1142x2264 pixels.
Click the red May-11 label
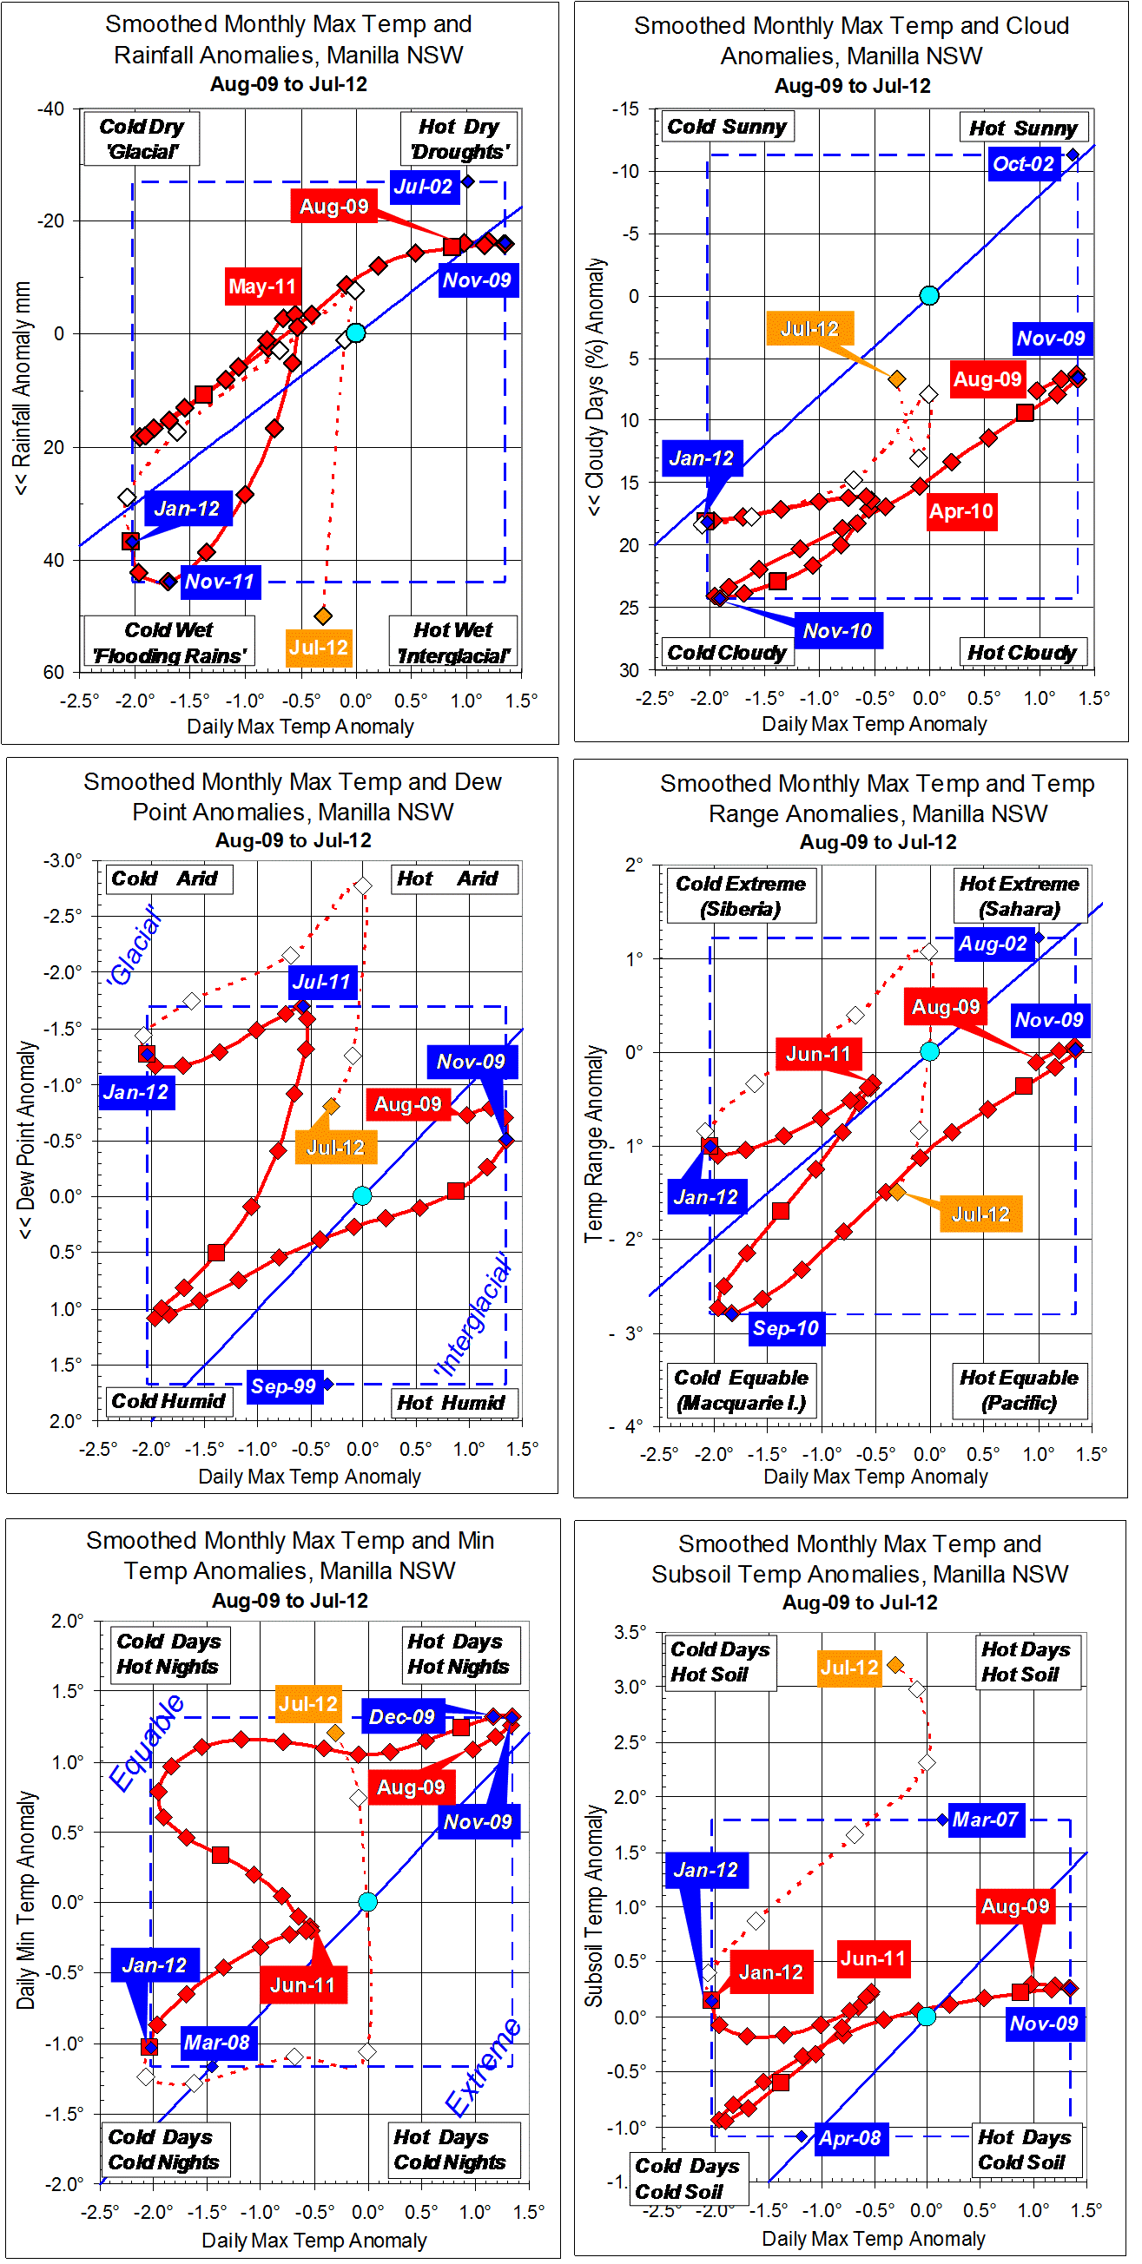tap(262, 286)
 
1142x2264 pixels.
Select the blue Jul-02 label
tap(424, 187)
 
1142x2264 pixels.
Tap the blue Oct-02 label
tap(1022, 163)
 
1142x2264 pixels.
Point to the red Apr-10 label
tap(960, 511)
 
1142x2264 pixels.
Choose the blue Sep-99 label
tap(283, 1386)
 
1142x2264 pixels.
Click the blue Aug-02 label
tap(993, 944)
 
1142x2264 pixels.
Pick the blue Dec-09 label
tap(402, 1716)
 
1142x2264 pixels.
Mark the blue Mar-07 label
tap(985, 1820)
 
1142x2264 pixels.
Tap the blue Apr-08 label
tap(849, 2138)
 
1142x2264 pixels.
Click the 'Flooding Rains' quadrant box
tap(168, 642)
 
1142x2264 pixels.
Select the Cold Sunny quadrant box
tap(726, 127)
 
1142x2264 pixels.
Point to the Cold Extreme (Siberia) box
tap(740, 896)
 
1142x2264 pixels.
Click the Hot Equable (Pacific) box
tap(1019, 1390)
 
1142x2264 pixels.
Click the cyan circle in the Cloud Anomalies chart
tap(929, 295)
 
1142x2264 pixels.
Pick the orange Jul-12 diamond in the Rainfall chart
tap(323, 615)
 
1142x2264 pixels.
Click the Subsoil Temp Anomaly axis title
tap(594, 1905)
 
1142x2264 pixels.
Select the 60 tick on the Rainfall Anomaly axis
tap(54, 673)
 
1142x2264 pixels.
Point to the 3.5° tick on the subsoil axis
tap(630, 1632)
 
